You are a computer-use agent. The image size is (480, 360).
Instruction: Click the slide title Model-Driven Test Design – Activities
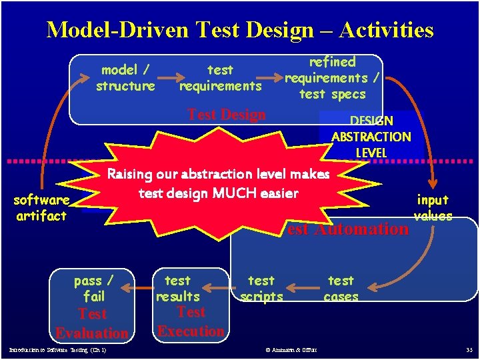[240, 30]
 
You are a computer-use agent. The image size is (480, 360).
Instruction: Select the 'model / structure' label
[125, 78]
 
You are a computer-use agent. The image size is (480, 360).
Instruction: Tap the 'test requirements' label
[221, 78]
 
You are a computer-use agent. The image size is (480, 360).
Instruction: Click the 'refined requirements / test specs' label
[332, 78]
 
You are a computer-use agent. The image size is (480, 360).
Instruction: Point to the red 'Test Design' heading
[227, 115]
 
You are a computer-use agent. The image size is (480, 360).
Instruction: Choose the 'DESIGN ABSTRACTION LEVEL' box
[371, 136]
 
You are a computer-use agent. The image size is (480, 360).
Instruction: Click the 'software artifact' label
[41, 208]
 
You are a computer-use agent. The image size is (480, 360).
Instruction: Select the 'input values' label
[433, 207]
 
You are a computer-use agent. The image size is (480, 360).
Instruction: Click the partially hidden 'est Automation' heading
[347, 229]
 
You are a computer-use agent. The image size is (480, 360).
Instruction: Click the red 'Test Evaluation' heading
[92, 323]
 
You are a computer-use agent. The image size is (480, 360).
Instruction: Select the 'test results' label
[177, 289]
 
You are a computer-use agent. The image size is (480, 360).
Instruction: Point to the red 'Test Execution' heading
[191, 321]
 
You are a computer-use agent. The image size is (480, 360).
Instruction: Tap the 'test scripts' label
[261, 289]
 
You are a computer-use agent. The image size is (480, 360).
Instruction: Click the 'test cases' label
[341, 289]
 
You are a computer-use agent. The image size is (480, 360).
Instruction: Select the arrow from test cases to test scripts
[304, 289]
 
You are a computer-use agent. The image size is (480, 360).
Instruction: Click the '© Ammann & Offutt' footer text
[291, 350]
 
